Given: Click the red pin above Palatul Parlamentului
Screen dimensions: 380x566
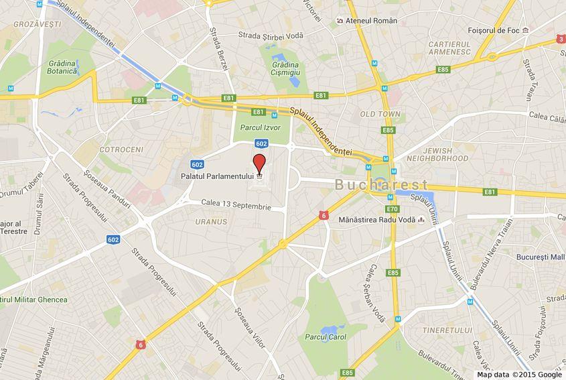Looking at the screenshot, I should pos(259,162).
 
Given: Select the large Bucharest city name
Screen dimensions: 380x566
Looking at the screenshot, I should pos(381,184).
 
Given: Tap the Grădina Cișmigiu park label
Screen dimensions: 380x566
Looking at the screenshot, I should pos(286,68).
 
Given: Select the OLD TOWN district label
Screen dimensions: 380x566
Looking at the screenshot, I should pos(380,115).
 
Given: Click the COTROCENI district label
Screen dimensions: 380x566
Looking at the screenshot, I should pos(121,149).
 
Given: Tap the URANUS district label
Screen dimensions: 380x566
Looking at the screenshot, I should pos(207,221).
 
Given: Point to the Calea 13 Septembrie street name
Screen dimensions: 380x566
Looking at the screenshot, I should pos(236,205).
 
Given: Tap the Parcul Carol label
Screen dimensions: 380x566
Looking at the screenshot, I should pos(326,337).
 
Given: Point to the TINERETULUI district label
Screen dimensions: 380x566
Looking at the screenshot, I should pos(448,330).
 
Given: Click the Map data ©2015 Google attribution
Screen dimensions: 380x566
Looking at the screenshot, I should pos(519,375).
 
